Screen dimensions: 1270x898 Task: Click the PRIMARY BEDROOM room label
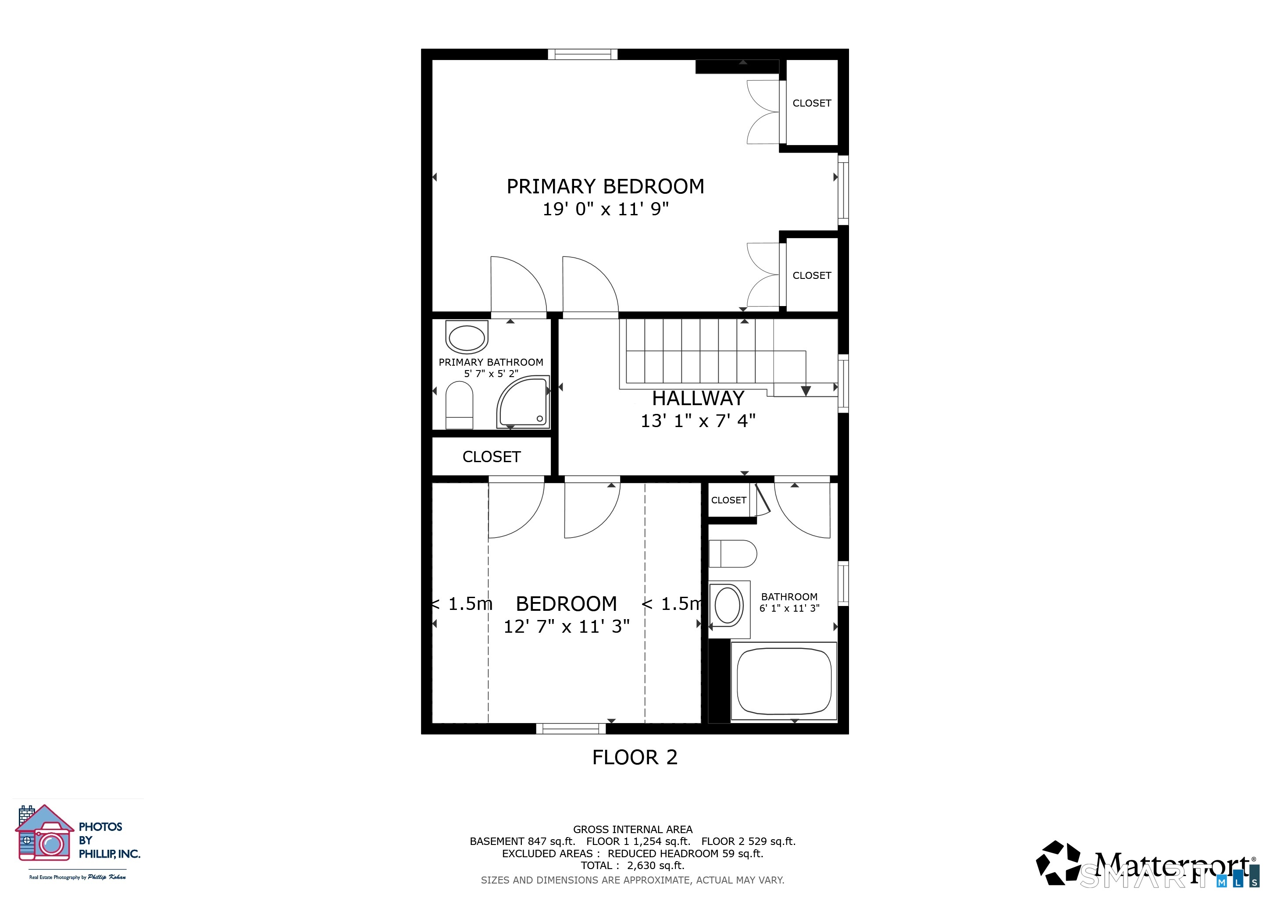[x=606, y=186]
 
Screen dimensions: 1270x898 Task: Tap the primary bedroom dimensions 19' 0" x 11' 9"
[x=606, y=209]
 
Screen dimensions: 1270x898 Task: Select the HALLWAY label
[x=698, y=398]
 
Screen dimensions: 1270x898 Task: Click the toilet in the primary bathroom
[x=459, y=405]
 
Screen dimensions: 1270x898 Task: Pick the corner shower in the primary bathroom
[x=523, y=402]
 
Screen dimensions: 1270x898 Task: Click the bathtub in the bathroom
[x=784, y=681]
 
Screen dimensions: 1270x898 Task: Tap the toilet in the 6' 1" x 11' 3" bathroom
[x=732, y=553]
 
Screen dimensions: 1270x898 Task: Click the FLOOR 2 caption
[x=635, y=757]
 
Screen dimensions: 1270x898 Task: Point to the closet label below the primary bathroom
[x=492, y=457]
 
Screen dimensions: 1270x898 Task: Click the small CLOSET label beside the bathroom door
[x=728, y=500]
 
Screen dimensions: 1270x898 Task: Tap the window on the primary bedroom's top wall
[x=582, y=54]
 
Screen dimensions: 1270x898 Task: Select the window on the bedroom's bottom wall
[x=571, y=729]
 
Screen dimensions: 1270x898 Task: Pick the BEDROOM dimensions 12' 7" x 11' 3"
[x=567, y=627]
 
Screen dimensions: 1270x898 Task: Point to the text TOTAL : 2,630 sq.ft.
[x=633, y=866]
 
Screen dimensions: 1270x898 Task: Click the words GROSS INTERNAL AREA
[x=633, y=830]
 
